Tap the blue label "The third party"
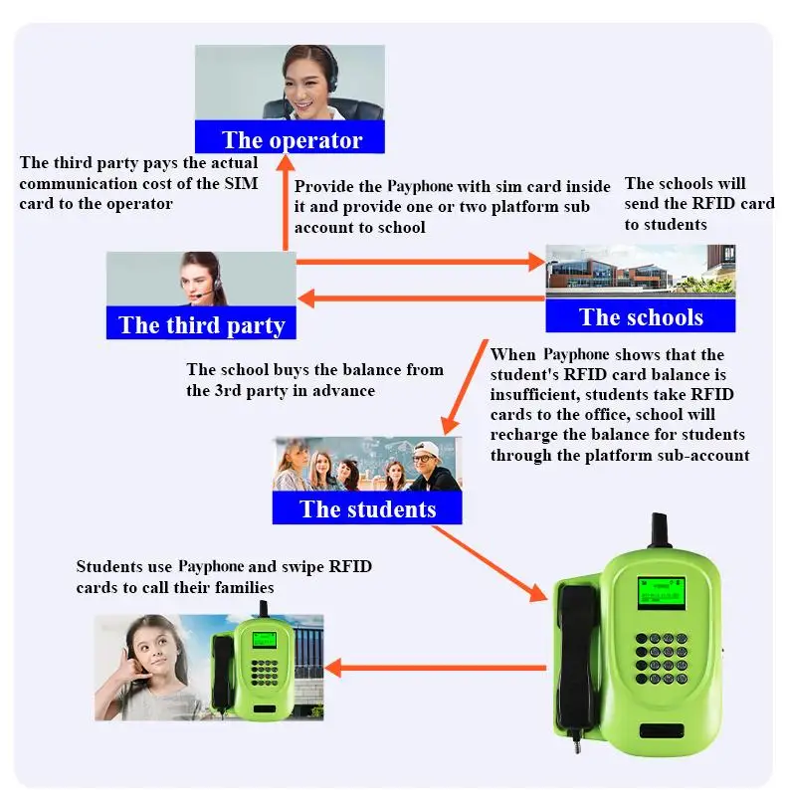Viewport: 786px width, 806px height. coord(201,324)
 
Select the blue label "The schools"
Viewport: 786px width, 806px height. coord(640,317)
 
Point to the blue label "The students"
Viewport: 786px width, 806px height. coord(367,509)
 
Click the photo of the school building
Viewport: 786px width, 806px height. coord(640,270)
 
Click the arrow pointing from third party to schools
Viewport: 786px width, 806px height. coord(418,263)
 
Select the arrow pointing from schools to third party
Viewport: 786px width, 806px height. coord(418,297)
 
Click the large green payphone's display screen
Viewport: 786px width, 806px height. coord(661,592)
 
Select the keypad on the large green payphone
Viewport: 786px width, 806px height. coord(659,658)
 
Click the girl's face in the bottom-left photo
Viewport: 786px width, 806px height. coord(156,651)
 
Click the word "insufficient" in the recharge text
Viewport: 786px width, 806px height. coord(533,394)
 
